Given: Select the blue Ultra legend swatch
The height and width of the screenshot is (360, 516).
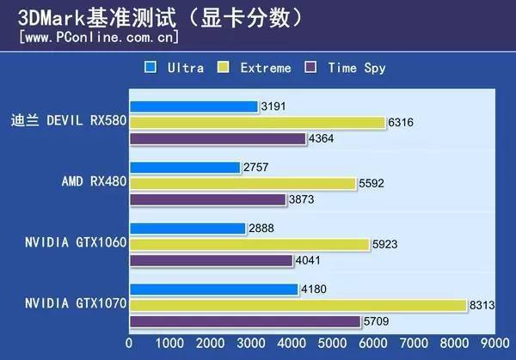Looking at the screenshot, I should coord(150,67).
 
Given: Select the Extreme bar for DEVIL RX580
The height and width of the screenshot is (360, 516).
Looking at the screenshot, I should coord(257,123).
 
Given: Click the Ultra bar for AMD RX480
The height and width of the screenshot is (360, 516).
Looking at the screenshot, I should coord(185,168).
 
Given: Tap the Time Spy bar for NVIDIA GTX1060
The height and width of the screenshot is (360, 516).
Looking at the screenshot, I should coord(212,260).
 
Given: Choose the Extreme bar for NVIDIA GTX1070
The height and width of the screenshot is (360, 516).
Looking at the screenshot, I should coord(298,305).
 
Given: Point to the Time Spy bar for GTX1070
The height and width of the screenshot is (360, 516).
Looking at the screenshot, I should coord(245,321).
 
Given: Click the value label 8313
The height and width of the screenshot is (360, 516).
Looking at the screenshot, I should coord(482,305).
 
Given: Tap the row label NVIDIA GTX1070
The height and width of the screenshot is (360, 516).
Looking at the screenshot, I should coord(76,305).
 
